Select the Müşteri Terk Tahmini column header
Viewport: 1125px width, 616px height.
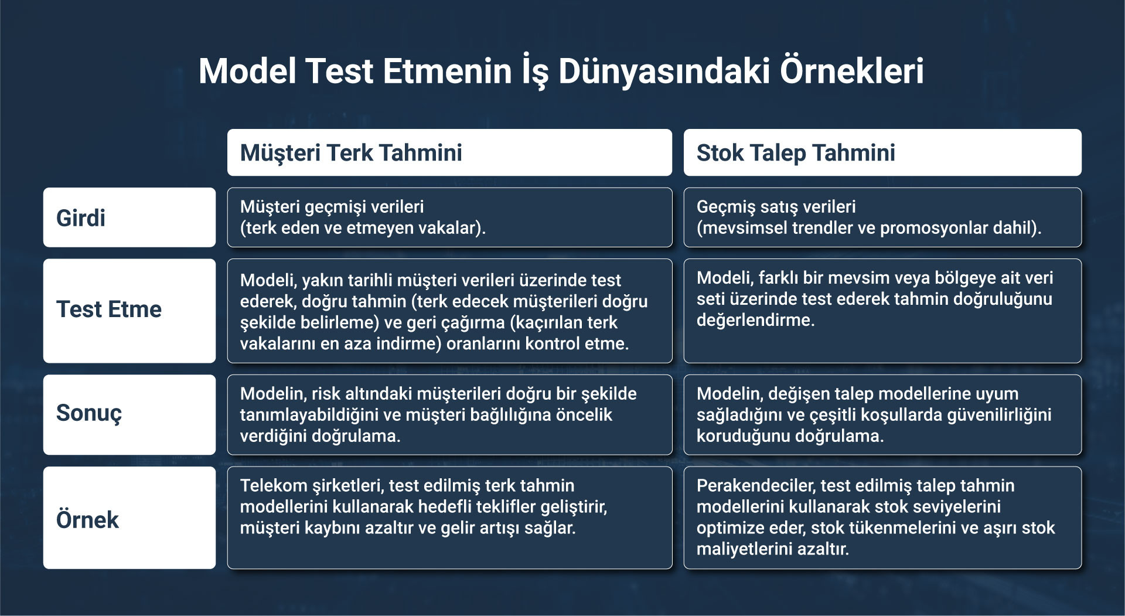coord(449,152)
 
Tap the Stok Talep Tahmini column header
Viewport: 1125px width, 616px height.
coord(882,152)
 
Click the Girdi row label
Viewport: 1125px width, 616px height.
coord(129,217)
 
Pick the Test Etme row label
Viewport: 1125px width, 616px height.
coord(129,311)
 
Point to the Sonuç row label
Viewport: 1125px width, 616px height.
coord(129,414)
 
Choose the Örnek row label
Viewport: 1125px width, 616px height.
coord(129,518)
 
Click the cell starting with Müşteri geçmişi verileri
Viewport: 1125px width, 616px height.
coord(449,217)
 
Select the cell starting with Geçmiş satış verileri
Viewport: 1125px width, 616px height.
coord(882,217)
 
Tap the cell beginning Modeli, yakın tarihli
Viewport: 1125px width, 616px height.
coord(449,311)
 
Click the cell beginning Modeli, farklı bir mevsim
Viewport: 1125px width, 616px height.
coord(882,311)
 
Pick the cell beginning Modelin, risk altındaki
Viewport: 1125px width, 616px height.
coord(449,414)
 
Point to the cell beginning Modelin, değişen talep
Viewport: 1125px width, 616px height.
coord(882,414)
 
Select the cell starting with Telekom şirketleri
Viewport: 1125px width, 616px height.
coord(449,518)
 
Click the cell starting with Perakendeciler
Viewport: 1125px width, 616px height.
coord(882,518)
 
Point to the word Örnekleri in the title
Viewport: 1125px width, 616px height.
coord(852,71)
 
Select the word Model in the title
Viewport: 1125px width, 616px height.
coord(247,71)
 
